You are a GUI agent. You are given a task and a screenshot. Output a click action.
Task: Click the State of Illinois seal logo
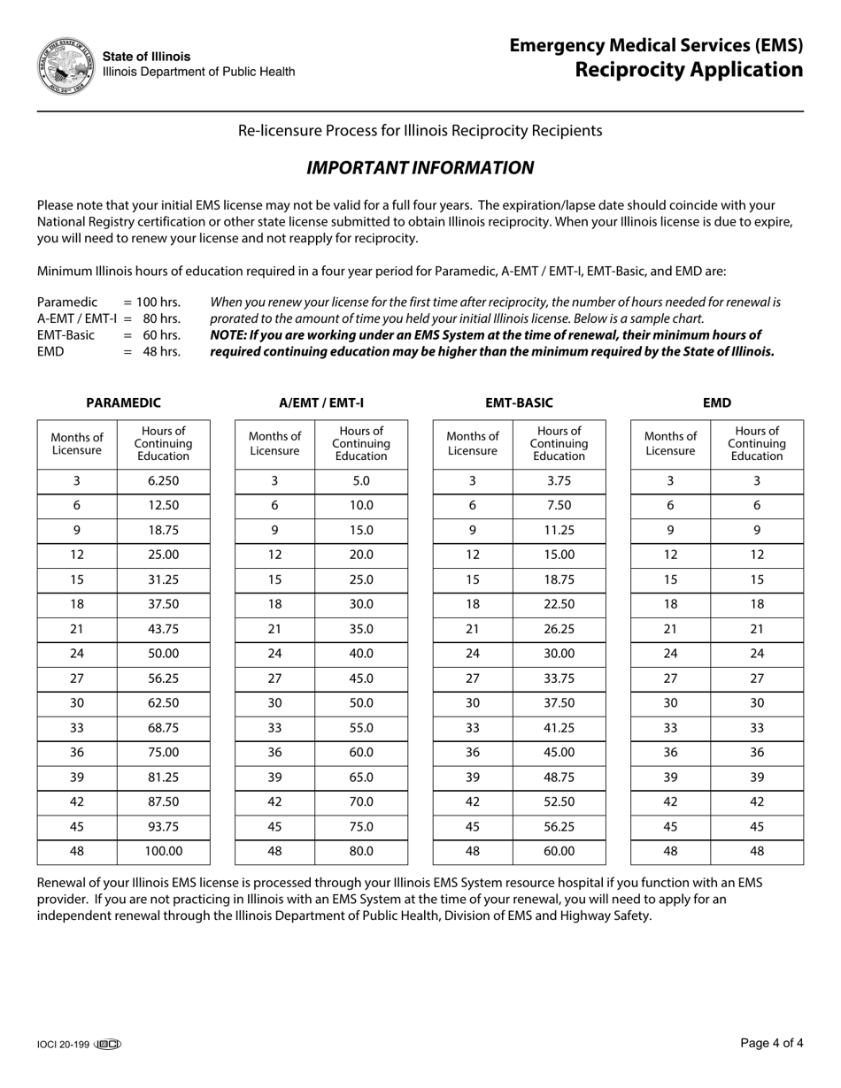coord(66,66)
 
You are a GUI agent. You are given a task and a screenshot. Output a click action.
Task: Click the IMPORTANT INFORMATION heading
coord(420,168)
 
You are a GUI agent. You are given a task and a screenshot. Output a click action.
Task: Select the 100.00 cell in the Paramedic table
coord(163,851)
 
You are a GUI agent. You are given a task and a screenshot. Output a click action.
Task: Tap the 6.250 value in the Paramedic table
coord(163,480)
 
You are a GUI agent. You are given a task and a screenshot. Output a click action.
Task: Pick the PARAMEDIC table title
coord(123,402)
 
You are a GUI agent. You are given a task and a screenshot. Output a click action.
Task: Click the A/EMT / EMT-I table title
coord(321,402)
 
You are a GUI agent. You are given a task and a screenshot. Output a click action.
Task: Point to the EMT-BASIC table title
coord(519,402)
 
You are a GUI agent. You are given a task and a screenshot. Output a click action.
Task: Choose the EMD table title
coord(717,402)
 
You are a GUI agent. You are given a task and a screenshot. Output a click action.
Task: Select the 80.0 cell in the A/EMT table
coord(361,851)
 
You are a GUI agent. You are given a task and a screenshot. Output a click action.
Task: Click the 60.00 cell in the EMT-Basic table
coord(559,851)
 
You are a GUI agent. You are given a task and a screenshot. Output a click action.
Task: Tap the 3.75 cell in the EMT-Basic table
coord(559,480)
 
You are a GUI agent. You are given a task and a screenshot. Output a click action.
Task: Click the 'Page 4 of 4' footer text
coord(771,1044)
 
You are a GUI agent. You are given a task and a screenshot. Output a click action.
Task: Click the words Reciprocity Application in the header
coord(689,70)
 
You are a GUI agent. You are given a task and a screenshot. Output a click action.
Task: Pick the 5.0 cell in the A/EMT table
coord(361,480)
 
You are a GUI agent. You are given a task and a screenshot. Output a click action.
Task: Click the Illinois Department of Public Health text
coord(199,72)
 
